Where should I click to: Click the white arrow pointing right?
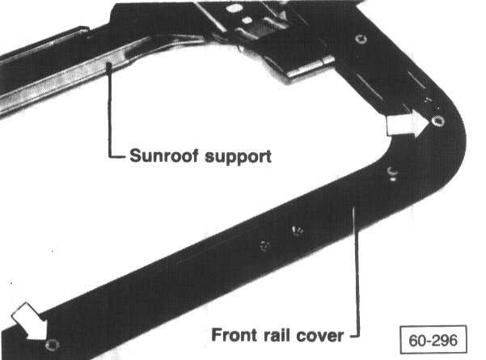pos(407,124)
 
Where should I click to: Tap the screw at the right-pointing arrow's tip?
pos(437,121)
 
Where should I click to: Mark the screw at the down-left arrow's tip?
pos(52,345)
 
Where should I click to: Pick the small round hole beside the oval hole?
pos(247,19)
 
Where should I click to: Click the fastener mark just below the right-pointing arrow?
pos(391,172)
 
